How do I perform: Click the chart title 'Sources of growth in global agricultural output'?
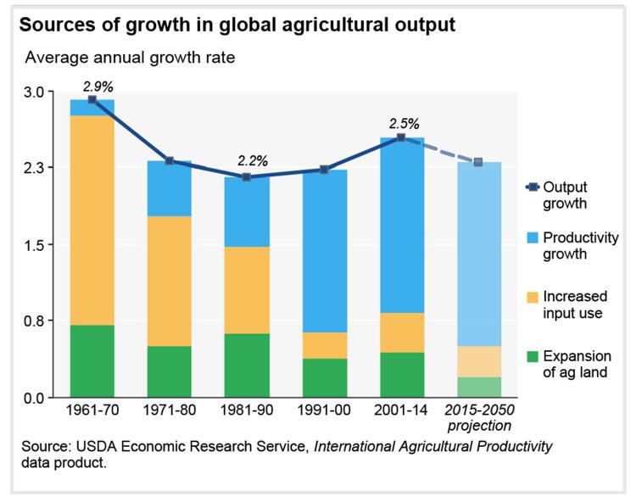point(237,25)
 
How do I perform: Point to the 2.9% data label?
point(98,86)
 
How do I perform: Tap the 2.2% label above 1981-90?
point(253,160)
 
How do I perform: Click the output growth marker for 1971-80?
point(170,160)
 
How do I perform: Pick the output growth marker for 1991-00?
point(325,170)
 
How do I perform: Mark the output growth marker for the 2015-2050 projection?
point(478,162)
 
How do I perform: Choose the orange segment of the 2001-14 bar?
point(402,332)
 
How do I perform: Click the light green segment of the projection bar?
point(479,387)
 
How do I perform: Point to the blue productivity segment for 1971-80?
point(170,188)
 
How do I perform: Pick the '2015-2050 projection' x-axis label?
point(480,418)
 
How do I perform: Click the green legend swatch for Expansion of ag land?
point(530,356)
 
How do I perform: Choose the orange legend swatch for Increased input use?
point(530,297)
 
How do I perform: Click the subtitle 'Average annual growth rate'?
point(130,59)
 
